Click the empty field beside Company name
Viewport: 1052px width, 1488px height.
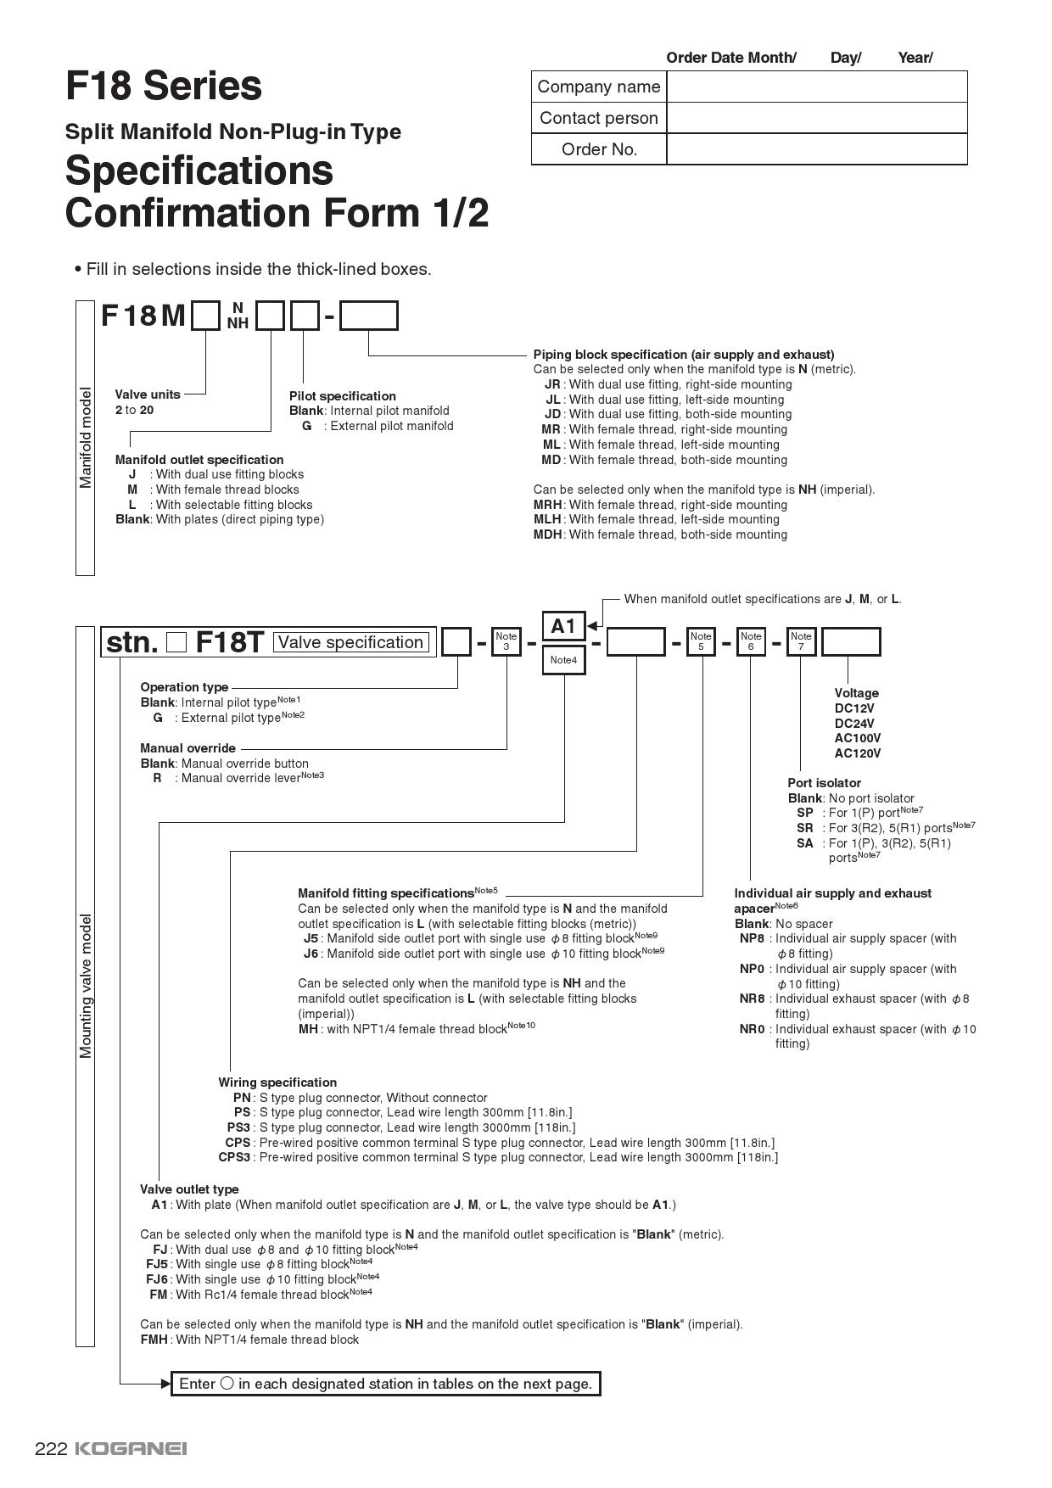point(816,87)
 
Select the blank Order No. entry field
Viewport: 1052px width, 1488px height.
point(816,149)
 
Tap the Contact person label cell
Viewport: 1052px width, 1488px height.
point(599,118)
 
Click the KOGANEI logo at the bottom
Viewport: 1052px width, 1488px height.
point(131,1448)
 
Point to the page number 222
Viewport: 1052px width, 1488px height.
point(51,1448)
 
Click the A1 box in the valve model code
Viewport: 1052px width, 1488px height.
point(563,626)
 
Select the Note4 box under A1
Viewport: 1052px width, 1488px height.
point(563,660)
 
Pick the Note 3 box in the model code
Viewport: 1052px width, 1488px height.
point(506,641)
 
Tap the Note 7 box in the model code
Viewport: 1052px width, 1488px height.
point(801,641)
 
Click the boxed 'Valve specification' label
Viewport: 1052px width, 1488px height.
point(350,642)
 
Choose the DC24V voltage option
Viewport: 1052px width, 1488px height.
point(854,724)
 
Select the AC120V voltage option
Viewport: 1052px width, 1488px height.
point(858,753)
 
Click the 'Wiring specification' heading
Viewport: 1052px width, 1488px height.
point(277,1082)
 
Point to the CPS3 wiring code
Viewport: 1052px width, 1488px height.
point(235,1157)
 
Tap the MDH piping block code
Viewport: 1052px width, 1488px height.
point(548,534)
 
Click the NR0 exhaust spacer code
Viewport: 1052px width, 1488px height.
point(752,1029)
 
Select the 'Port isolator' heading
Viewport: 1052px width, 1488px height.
point(824,783)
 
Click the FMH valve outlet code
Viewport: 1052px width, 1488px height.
point(154,1340)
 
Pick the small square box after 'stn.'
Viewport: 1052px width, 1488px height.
point(176,642)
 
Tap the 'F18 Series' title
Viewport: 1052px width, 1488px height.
point(164,86)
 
